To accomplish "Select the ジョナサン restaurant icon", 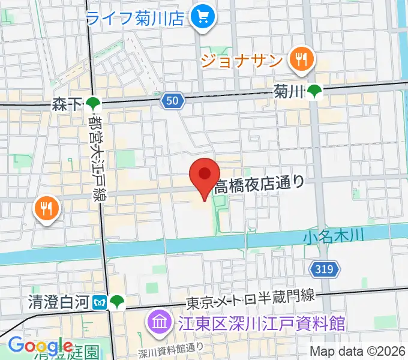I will coord(298,59).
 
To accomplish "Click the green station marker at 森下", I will coord(92,105).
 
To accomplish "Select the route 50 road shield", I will coord(172,102).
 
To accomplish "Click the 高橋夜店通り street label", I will coord(259,184).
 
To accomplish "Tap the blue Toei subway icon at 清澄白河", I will coord(101,302).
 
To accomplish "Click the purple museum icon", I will coord(160,324).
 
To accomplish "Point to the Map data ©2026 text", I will coord(358,352).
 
